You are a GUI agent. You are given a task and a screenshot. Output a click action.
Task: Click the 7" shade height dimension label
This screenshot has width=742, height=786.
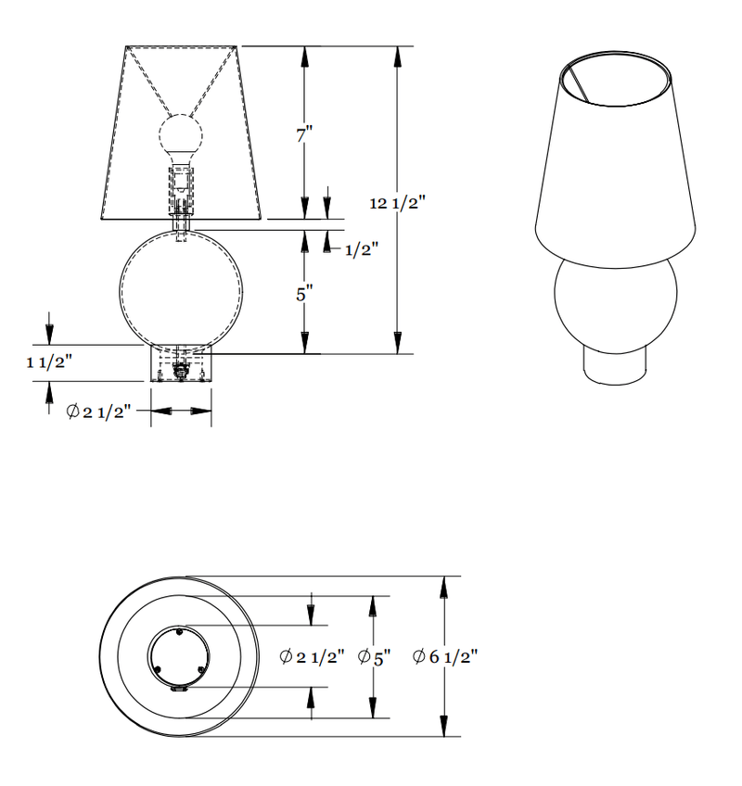point(303,134)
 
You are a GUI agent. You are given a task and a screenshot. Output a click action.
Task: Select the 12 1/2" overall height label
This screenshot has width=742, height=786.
point(397,204)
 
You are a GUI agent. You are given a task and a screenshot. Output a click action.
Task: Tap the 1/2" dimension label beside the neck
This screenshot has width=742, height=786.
point(361,249)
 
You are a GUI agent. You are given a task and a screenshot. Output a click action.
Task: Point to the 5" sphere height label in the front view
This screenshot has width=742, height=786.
point(303,294)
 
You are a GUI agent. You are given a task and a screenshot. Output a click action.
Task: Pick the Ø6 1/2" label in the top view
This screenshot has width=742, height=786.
point(445,656)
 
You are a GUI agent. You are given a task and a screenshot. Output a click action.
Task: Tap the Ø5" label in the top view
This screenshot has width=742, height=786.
point(374,656)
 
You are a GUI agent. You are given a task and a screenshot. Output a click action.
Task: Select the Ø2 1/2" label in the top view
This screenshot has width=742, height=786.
point(312,656)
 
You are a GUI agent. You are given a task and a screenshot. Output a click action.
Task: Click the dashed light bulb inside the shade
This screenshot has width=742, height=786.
point(182,136)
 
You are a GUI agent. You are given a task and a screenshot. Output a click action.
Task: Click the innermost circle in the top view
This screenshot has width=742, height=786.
point(180,657)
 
